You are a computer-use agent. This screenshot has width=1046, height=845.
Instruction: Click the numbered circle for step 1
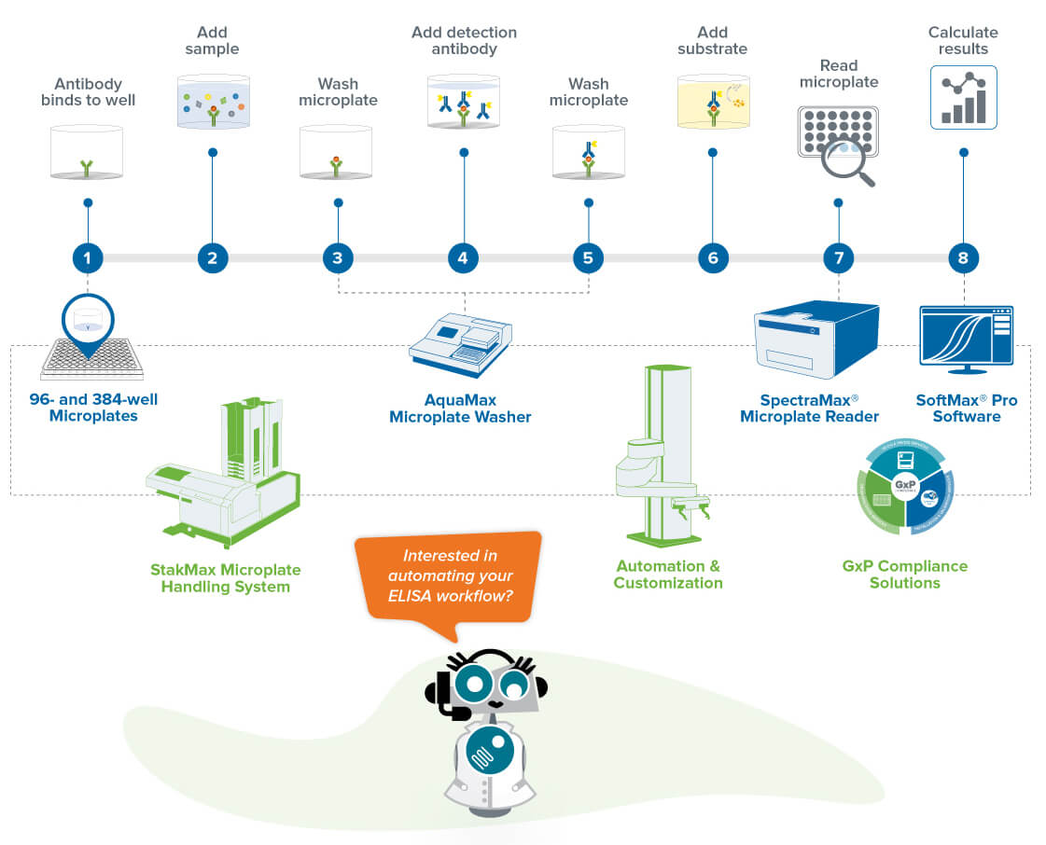pos(88,257)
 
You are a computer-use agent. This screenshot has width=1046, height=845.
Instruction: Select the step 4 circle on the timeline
pos(463,257)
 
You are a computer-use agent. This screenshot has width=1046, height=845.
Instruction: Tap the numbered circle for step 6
pos(713,257)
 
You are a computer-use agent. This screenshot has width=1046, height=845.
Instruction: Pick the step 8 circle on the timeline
pos(963,257)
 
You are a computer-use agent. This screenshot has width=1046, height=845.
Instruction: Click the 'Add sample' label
pos(212,40)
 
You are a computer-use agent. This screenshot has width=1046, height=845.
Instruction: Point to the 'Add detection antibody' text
pos(464,40)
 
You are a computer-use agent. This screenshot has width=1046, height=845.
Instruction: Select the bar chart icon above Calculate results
pos(964,97)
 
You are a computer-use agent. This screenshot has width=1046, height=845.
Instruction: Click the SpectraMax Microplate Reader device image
pos(816,339)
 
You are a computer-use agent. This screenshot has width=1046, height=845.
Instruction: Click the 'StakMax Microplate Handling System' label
pos(225,578)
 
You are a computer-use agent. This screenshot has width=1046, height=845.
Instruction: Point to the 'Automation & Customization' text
pos(668,575)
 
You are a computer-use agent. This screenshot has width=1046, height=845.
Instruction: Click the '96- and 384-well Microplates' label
pos(93,408)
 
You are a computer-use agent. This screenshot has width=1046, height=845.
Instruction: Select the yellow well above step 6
pos(713,103)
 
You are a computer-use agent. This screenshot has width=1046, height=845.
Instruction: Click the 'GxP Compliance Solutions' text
pos(905,575)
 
